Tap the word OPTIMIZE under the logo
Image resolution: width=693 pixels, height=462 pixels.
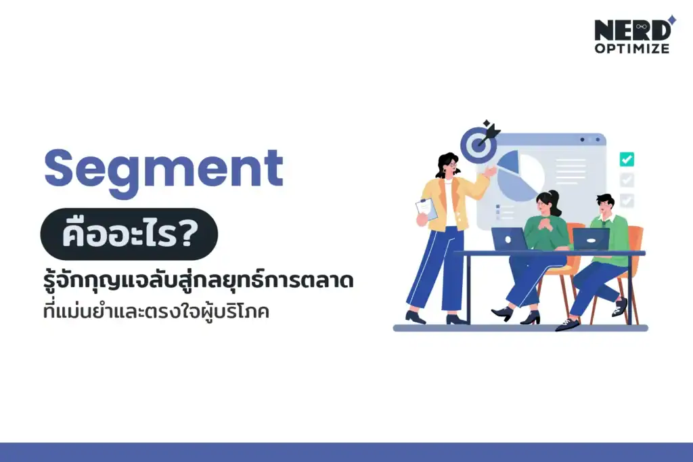[x=632, y=49]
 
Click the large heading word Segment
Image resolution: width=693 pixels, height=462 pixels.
[x=163, y=169]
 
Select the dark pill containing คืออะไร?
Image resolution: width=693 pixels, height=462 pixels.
[x=129, y=234]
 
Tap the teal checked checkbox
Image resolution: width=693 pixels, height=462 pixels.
[x=627, y=159]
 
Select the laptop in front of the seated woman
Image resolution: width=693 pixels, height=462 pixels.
[x=509, y=238]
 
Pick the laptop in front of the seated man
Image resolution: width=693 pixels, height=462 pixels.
[x=590, y=238]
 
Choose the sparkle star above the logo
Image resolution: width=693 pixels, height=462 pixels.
[x=671, y=19]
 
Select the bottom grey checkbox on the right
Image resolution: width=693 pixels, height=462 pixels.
[x=627, y=201]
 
